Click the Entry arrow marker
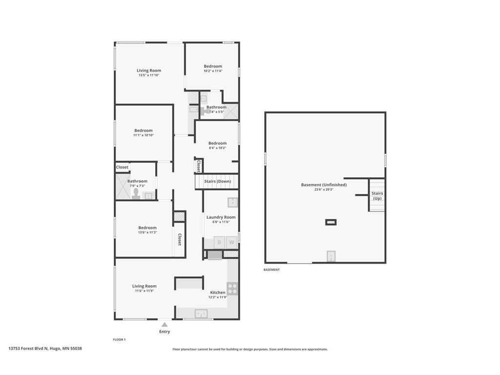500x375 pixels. tap(165, 325)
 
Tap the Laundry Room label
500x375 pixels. tap(221, 217)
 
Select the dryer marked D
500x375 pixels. tap(219, 242)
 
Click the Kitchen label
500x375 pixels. tap(218, 292)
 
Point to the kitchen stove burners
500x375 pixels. tap(232, 289)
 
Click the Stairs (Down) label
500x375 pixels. tap(217, 181)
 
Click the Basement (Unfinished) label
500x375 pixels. tap(324, 185)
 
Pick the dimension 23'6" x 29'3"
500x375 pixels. tap(324, 189)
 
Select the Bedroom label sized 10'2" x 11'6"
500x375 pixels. tap(213, 66)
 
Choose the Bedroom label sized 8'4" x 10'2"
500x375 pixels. tap(217, 143)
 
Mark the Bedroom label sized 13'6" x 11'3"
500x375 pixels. tap(147, 228)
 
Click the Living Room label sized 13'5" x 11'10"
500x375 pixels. tap(149, 70)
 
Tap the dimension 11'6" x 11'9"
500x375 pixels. tap(145, 291)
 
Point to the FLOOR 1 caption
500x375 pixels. tap(119, 339)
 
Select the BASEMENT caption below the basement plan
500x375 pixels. tap(271, 270)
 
